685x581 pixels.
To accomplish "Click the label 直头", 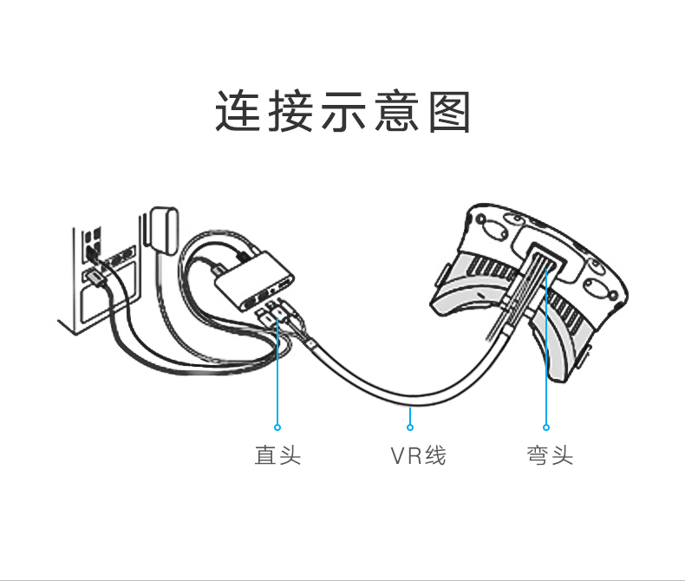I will pyautogui.click(x=277, y=455).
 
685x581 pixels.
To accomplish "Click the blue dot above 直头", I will pyautogui.click(x=277, y=427).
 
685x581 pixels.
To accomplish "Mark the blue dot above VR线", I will pyautogui.click(x=410, y=426).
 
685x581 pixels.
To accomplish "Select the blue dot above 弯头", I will pyautogui.click(x=546, y=427).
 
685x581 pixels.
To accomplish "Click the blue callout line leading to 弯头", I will pyautogui.click(x=546, y=364).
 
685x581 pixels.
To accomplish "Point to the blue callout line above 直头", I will pyautogui.click(x=277, y=373).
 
